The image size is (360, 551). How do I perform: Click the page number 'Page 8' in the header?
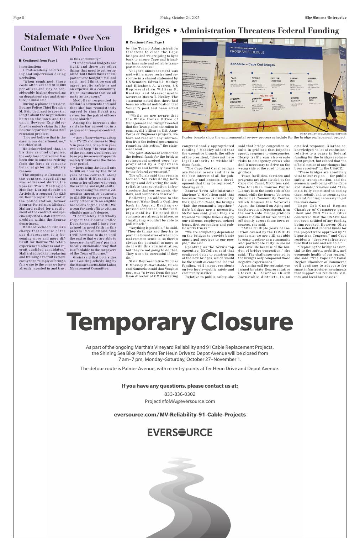[19, 18]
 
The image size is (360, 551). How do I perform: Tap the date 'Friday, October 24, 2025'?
[180, 18]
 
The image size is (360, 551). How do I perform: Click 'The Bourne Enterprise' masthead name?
[325, 18]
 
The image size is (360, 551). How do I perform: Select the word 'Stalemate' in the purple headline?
[47, 37]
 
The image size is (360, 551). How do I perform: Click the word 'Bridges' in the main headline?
[152, 30]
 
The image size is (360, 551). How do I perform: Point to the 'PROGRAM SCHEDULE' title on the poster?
[247, 52]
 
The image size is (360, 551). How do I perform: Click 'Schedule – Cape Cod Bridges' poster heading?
[253, 64]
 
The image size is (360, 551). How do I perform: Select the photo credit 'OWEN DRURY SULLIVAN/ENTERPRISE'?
[323, 134]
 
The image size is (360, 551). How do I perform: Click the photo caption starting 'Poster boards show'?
[264, 137]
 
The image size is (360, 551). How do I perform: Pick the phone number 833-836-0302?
[180, 394]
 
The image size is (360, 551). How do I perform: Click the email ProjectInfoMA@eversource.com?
[180, 401]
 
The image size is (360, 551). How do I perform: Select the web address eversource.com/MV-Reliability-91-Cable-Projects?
[180, 415]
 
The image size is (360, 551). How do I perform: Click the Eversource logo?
[180, 432]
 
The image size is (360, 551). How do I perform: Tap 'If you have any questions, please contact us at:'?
[180, 386]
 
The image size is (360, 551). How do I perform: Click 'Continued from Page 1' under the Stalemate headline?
[40, 61]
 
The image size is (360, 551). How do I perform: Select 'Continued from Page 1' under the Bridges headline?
[147, 42]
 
